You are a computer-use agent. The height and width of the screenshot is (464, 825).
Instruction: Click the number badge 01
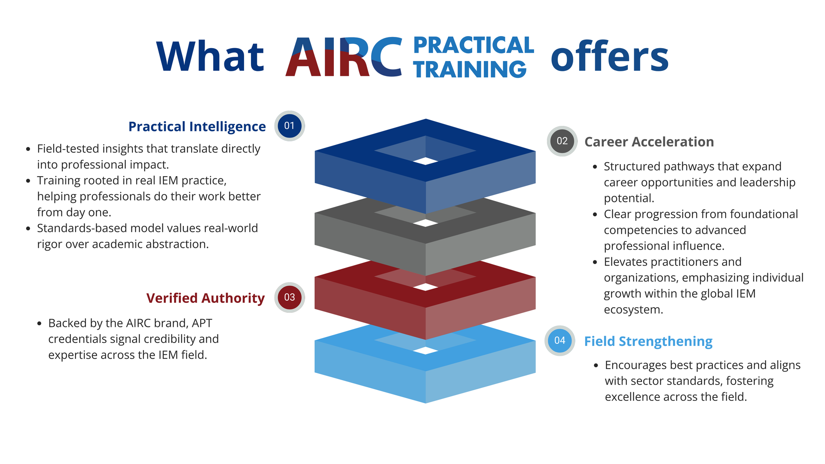(x=290, y=126)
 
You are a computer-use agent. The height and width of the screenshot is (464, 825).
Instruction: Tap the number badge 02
(x=562, y=141)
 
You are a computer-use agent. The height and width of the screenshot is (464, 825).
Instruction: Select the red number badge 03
(x=290, y=297)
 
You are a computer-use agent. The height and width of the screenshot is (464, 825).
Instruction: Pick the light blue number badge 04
(x=560, y=341)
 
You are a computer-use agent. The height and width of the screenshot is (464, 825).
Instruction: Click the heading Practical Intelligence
(x=197, y=127)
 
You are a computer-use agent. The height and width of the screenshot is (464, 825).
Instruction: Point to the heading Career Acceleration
(x=649, y=142)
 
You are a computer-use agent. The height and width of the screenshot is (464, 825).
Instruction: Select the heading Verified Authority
(x=205, y=298)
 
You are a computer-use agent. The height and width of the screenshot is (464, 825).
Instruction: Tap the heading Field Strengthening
(x=648, y=342)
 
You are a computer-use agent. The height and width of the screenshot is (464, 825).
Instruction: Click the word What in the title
(x=210, y=56)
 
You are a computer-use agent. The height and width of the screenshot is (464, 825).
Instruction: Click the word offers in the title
(x=610, y=56)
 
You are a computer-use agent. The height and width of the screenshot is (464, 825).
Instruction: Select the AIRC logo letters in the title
(x=344, y=56)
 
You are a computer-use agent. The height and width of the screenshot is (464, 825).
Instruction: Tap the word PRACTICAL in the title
(x=474, y=45)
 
